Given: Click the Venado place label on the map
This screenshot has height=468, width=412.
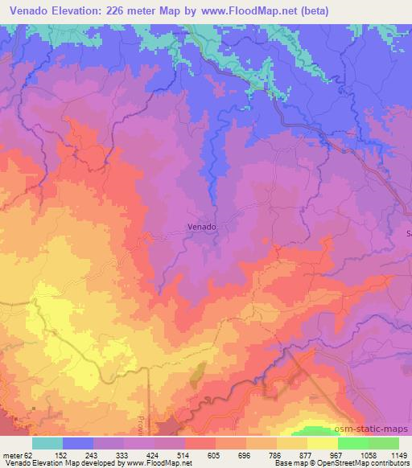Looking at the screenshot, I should tap(202, 227).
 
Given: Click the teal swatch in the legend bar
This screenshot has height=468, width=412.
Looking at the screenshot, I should tap(47, 443).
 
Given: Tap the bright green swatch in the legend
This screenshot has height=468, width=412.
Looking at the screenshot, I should tap(353, 443).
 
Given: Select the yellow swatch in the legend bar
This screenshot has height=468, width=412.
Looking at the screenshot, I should tap(323, 443).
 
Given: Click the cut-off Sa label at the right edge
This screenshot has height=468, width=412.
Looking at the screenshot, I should tap(407, 233).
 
